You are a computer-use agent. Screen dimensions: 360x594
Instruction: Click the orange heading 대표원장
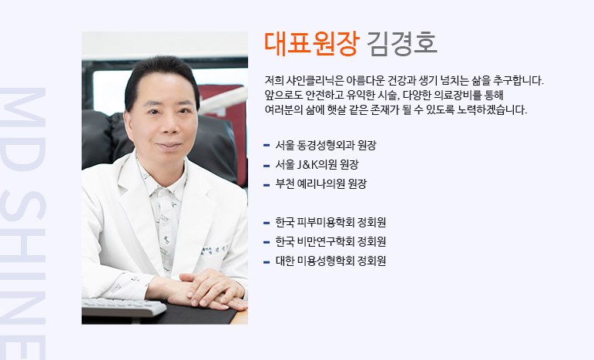point(310,44)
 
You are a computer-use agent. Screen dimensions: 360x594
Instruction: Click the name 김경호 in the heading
point(402,44)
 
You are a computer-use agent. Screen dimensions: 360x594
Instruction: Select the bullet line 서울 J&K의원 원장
point(317,164)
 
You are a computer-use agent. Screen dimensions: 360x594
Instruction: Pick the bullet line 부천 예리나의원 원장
point(320,183)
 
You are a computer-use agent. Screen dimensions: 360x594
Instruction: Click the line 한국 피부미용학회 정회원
point(331,223)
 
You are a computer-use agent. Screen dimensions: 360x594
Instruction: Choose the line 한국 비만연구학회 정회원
point(331,242)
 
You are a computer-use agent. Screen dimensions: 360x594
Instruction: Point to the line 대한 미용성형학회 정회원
point(331,261)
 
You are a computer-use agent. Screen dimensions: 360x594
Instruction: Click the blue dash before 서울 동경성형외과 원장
point(267,145)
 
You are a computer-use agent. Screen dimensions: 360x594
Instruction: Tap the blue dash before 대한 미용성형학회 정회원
point(267,261)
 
